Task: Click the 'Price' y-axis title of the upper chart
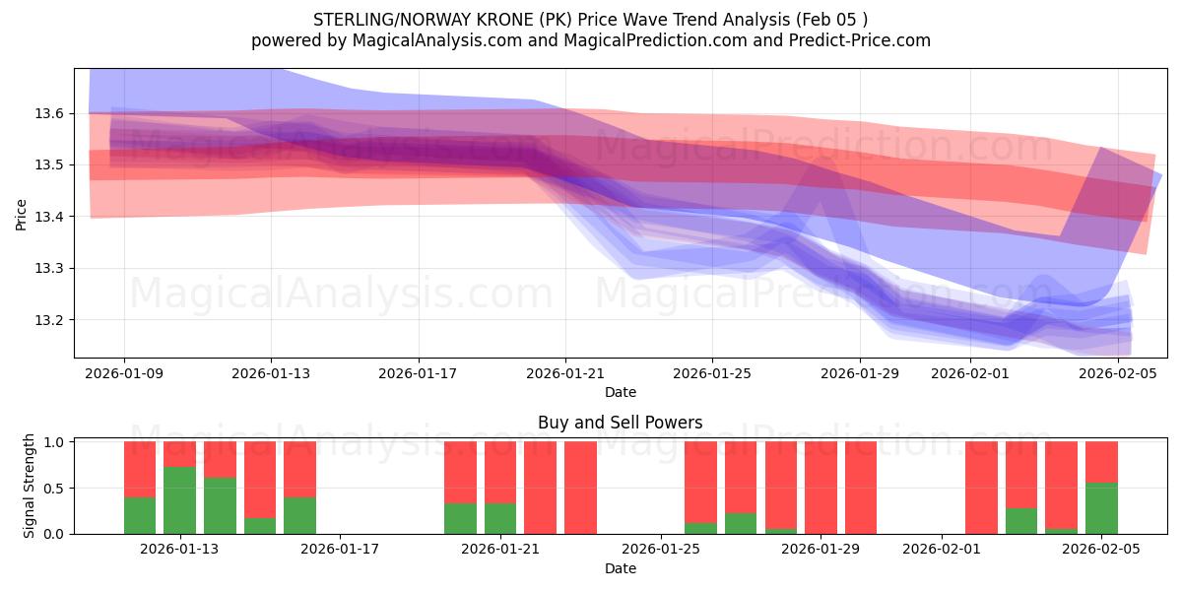[22, 213]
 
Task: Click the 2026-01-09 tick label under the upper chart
[124, 373]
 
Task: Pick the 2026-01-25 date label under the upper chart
[712, 373]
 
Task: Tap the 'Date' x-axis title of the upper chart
[621, 392]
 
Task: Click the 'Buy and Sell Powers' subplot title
[621, 423]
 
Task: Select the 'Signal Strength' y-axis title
[30, 486]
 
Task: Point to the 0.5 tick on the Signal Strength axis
[54, 489]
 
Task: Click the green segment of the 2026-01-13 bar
[179, 500]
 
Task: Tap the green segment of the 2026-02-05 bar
[1101, 508]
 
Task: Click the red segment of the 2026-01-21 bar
[500, 472]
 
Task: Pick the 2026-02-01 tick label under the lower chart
[942, 550]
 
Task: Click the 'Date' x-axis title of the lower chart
[621, 568]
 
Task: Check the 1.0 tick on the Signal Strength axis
[54, 442]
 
